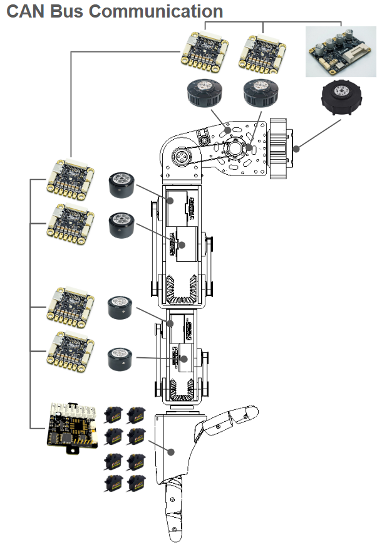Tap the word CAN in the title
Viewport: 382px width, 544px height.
point(23,11)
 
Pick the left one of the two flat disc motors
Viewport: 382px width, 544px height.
point(203,93)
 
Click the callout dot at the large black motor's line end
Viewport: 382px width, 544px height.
point(296,149)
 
